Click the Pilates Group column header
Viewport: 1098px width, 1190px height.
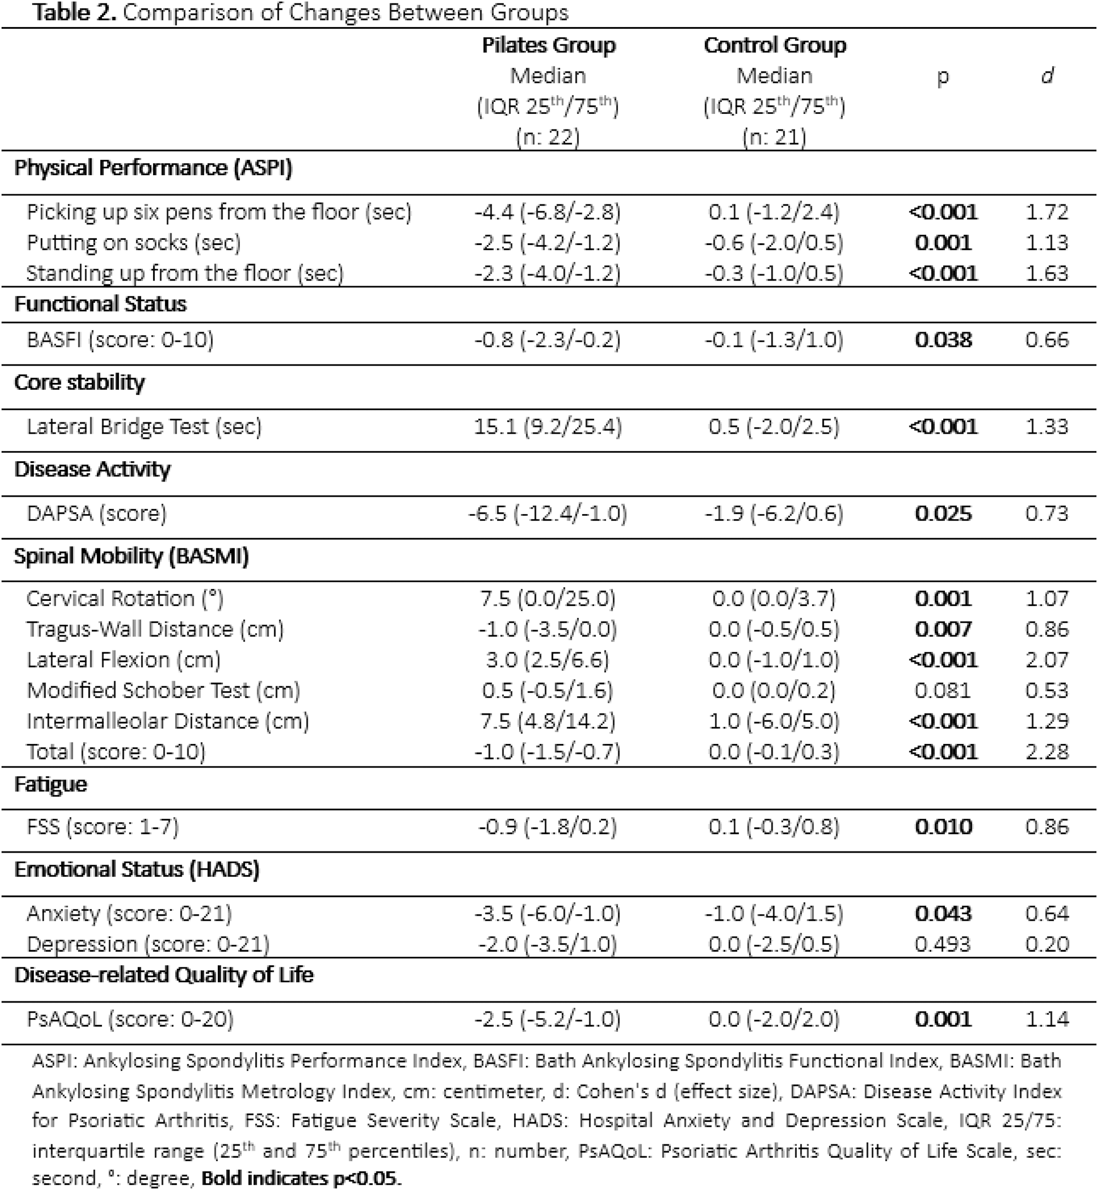coord(548,46)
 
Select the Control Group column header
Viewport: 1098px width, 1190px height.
coord(774,46)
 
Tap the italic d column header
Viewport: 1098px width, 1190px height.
coord(1047,76)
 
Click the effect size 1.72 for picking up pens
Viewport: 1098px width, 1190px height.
coord(1047,212)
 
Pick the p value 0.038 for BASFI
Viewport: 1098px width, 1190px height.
coord(943,340)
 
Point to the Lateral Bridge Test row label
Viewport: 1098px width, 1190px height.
coord(144,426)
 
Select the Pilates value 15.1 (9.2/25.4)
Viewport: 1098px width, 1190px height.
coord(547,426)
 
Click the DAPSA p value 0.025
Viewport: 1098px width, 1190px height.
coord(943,513)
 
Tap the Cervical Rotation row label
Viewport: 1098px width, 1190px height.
coord(125,598)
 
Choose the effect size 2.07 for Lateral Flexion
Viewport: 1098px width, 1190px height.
coord(1047,659)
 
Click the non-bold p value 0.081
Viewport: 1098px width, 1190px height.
coord(943,690)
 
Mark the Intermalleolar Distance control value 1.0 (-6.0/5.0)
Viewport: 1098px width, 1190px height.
coord(774,721)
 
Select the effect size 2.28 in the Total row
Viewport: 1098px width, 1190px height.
coord(1047,751)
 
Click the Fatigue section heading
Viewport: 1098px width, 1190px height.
coord(51,785)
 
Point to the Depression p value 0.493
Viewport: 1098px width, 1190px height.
coord(943,944)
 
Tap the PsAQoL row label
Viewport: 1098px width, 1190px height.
coord(130,1019)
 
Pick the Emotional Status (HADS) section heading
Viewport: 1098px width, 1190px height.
coord(137,870)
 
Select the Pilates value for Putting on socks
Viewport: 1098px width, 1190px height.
coord(547,243)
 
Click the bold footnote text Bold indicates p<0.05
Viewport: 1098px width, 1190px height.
coord(301,1178)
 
